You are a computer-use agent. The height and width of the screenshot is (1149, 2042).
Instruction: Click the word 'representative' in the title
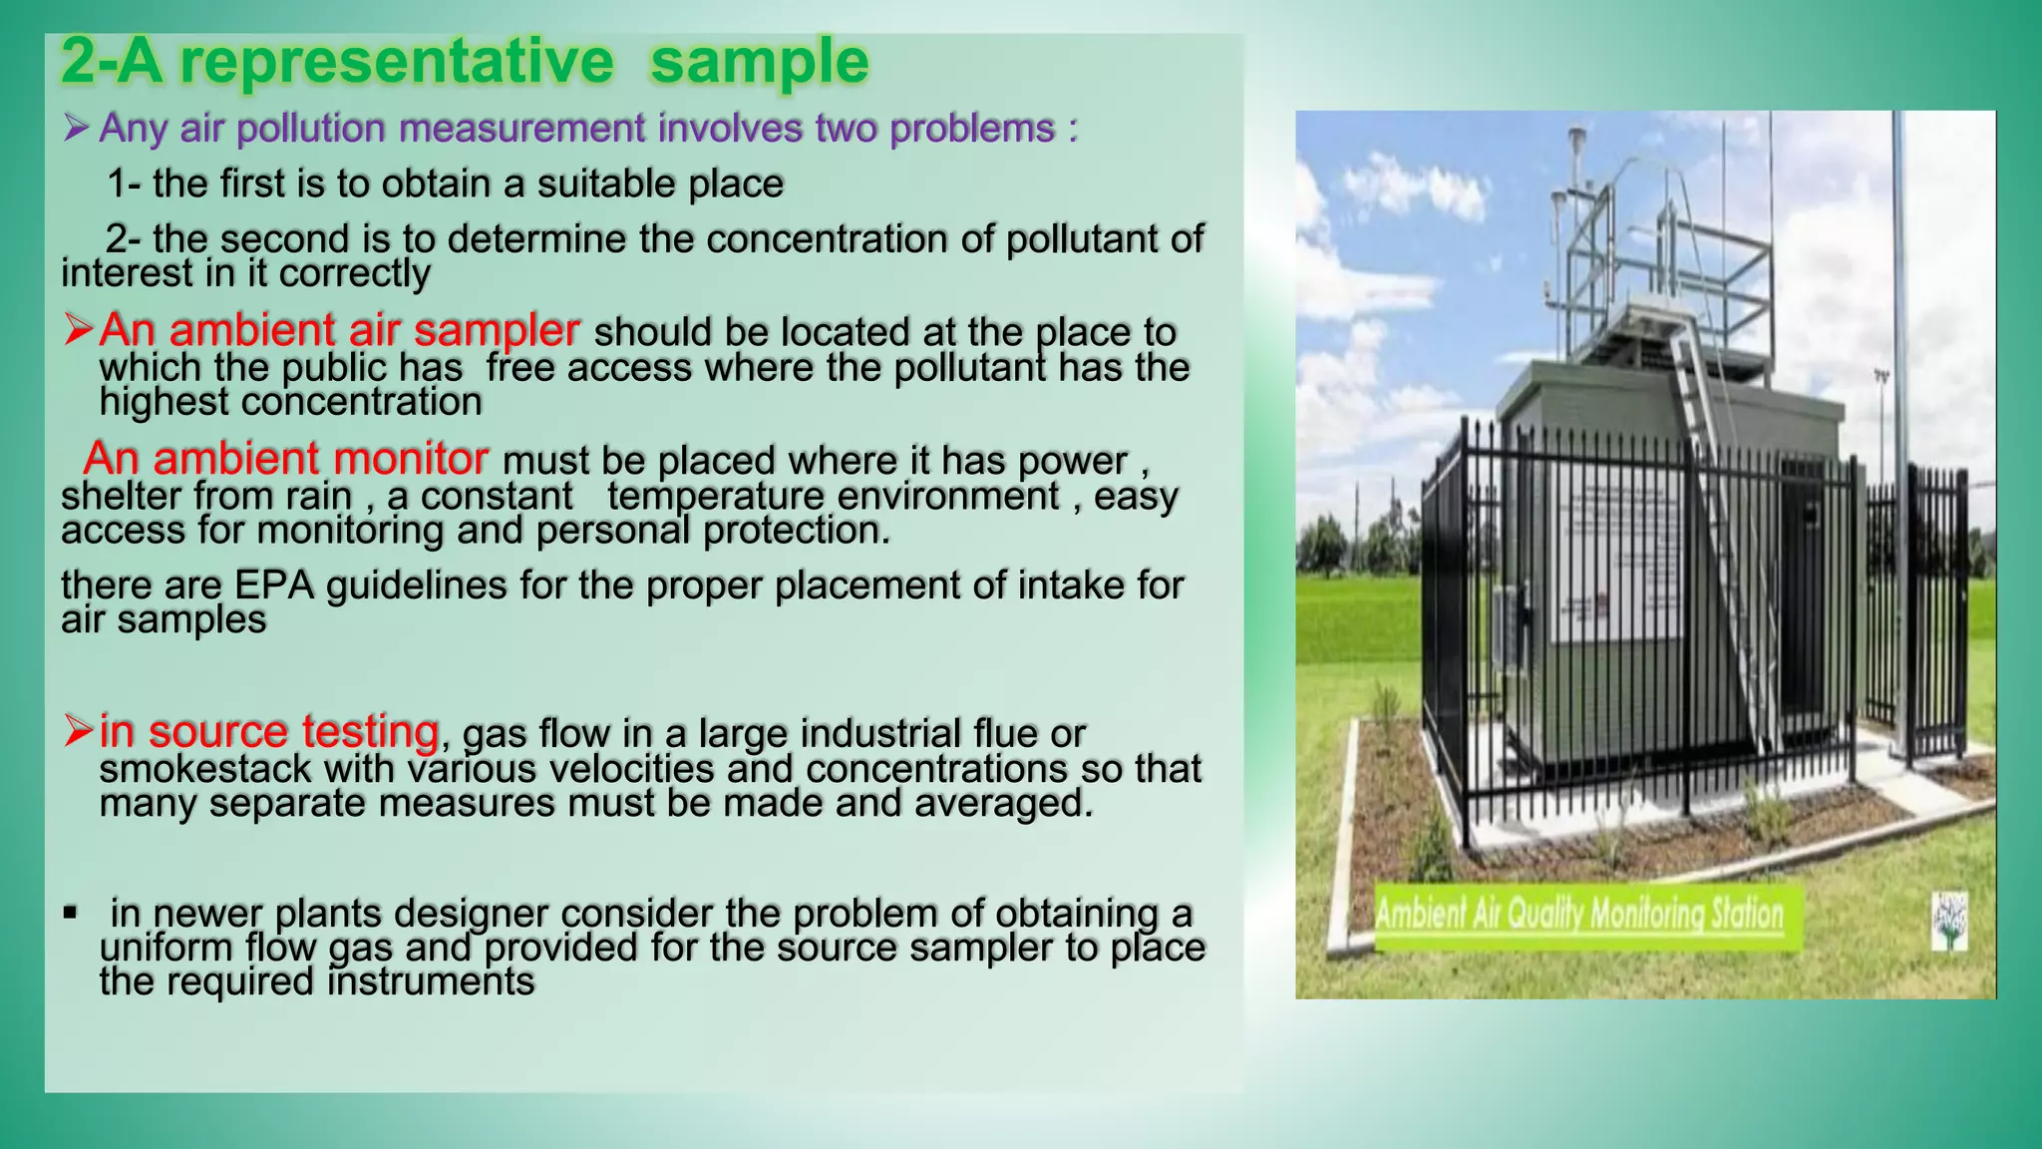pyautogui.click(x=396, y=62)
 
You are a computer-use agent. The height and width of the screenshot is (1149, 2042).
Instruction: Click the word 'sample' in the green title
pyautogui.click(x=759, y=62)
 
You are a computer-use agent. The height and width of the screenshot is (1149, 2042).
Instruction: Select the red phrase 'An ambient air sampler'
pyautogui.click(x=339, y=330)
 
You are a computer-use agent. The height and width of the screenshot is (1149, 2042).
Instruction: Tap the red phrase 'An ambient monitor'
pyautogui.click(x=285, y=459)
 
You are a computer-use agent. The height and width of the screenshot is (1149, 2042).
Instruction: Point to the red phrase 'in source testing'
pyautogui.click(x=268, y=732)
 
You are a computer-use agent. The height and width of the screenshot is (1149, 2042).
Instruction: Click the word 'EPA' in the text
pyautogui.click(x=274, y=585)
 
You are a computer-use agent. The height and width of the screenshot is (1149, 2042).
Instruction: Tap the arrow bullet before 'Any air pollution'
pyautogui.click(x=76, y=128)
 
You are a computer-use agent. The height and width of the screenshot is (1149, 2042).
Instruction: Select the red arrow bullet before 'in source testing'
pyautogui.click(x=78, y=731)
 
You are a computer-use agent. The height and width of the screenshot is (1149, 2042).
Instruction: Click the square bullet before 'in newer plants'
pyautogui.click(x=69, y=912)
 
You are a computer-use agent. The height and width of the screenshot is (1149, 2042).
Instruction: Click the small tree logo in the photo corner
pyautogui.click(x=1949, y=920)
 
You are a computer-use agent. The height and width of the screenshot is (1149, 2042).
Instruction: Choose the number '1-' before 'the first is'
pyautogui.click(x=124, y=185)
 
